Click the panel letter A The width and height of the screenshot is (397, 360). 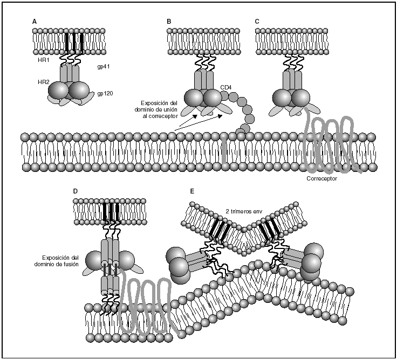35,21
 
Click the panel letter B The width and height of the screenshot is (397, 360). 169,21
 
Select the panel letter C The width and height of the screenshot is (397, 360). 257,21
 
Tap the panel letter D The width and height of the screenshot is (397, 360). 75,191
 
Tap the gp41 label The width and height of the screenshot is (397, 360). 104,66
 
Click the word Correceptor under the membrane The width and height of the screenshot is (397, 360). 321,178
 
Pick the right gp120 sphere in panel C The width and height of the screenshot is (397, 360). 300,98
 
